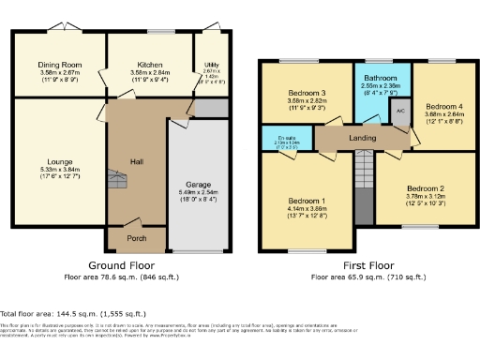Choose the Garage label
[194, 185]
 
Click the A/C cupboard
[399, 110]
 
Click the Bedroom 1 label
[307, 202]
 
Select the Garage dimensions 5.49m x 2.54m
[194, 193]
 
